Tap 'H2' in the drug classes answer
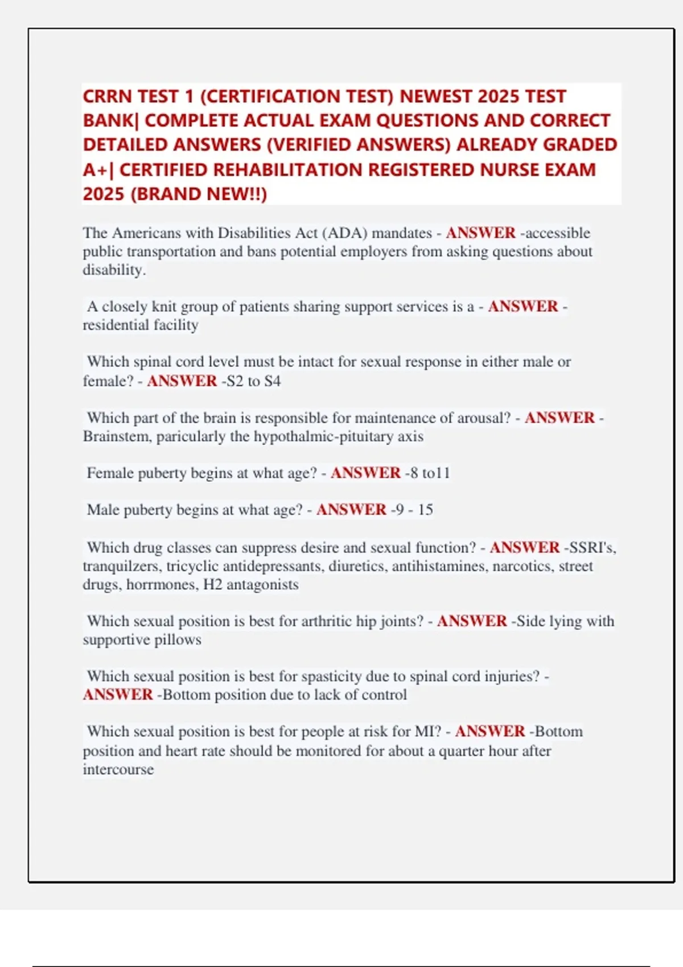point(213,584)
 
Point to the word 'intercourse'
point(118,769)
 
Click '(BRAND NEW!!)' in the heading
point(199,194)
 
